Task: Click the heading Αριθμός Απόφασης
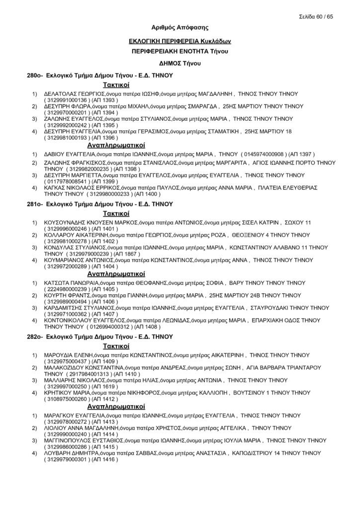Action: coord(180,28)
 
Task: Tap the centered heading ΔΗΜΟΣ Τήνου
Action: coord(180,63)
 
